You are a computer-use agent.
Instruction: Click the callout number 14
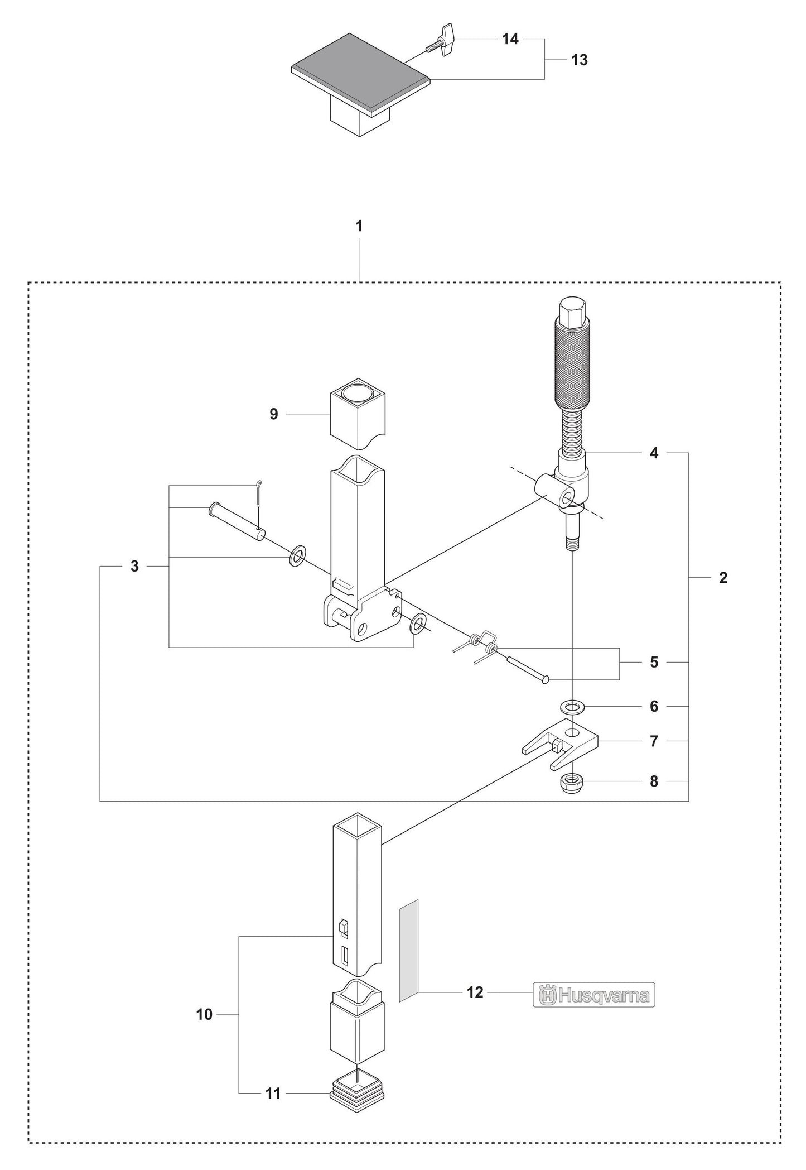(x=510, y=39)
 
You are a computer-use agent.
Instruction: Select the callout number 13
(x=580, y=60)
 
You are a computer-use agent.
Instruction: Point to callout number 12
(x=475, y=992)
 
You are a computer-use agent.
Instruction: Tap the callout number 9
(x=274, y=414)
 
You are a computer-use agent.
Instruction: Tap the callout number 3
(x=134, y=567)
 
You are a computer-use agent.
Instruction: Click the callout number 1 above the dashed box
(x=359, y=226)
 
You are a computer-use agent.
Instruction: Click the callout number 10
(x=204, y=1014)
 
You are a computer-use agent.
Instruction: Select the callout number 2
(x=723, y=578)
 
